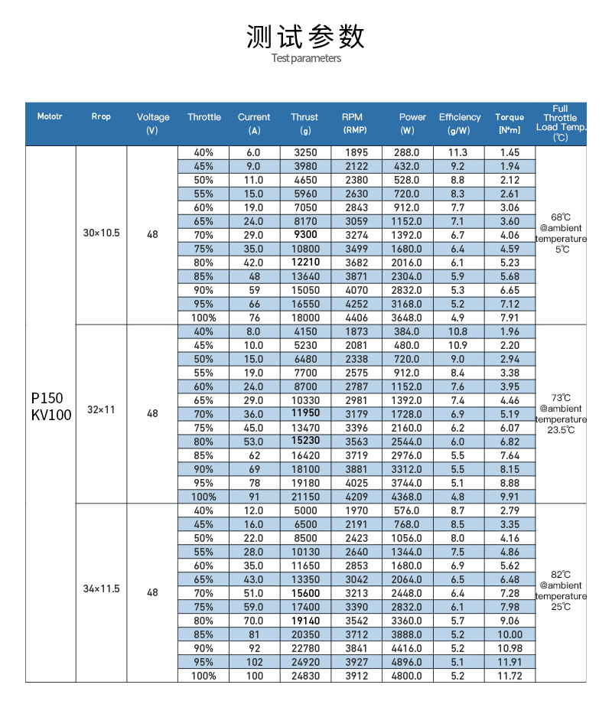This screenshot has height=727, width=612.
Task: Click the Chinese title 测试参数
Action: pos(306,36)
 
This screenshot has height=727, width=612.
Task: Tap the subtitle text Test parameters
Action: pos(306,58)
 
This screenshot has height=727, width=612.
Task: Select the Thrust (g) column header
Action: pos(304,123)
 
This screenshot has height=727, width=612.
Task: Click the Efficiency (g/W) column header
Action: pos(460,123)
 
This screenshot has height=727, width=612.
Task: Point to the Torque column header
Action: pos(509,123)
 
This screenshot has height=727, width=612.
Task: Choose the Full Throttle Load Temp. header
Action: pos(561,123)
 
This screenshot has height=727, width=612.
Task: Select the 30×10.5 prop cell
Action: pos(102,233)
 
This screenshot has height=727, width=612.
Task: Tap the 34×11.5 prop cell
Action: pos(102,589)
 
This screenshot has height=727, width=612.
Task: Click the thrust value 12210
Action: pos(304,262)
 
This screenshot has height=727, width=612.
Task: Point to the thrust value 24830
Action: pos(304,676)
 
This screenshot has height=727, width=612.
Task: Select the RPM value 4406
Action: pos(356,318)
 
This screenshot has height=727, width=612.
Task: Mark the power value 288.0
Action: pos(407,152)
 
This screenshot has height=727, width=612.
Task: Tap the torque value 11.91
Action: pos(509,662)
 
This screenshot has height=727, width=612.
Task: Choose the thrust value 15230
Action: pos(304,441)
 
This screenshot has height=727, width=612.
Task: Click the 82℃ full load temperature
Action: pos(561,574)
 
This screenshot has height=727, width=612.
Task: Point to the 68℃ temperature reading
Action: pos(561,217)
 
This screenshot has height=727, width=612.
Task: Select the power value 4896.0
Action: pos(407,662)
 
